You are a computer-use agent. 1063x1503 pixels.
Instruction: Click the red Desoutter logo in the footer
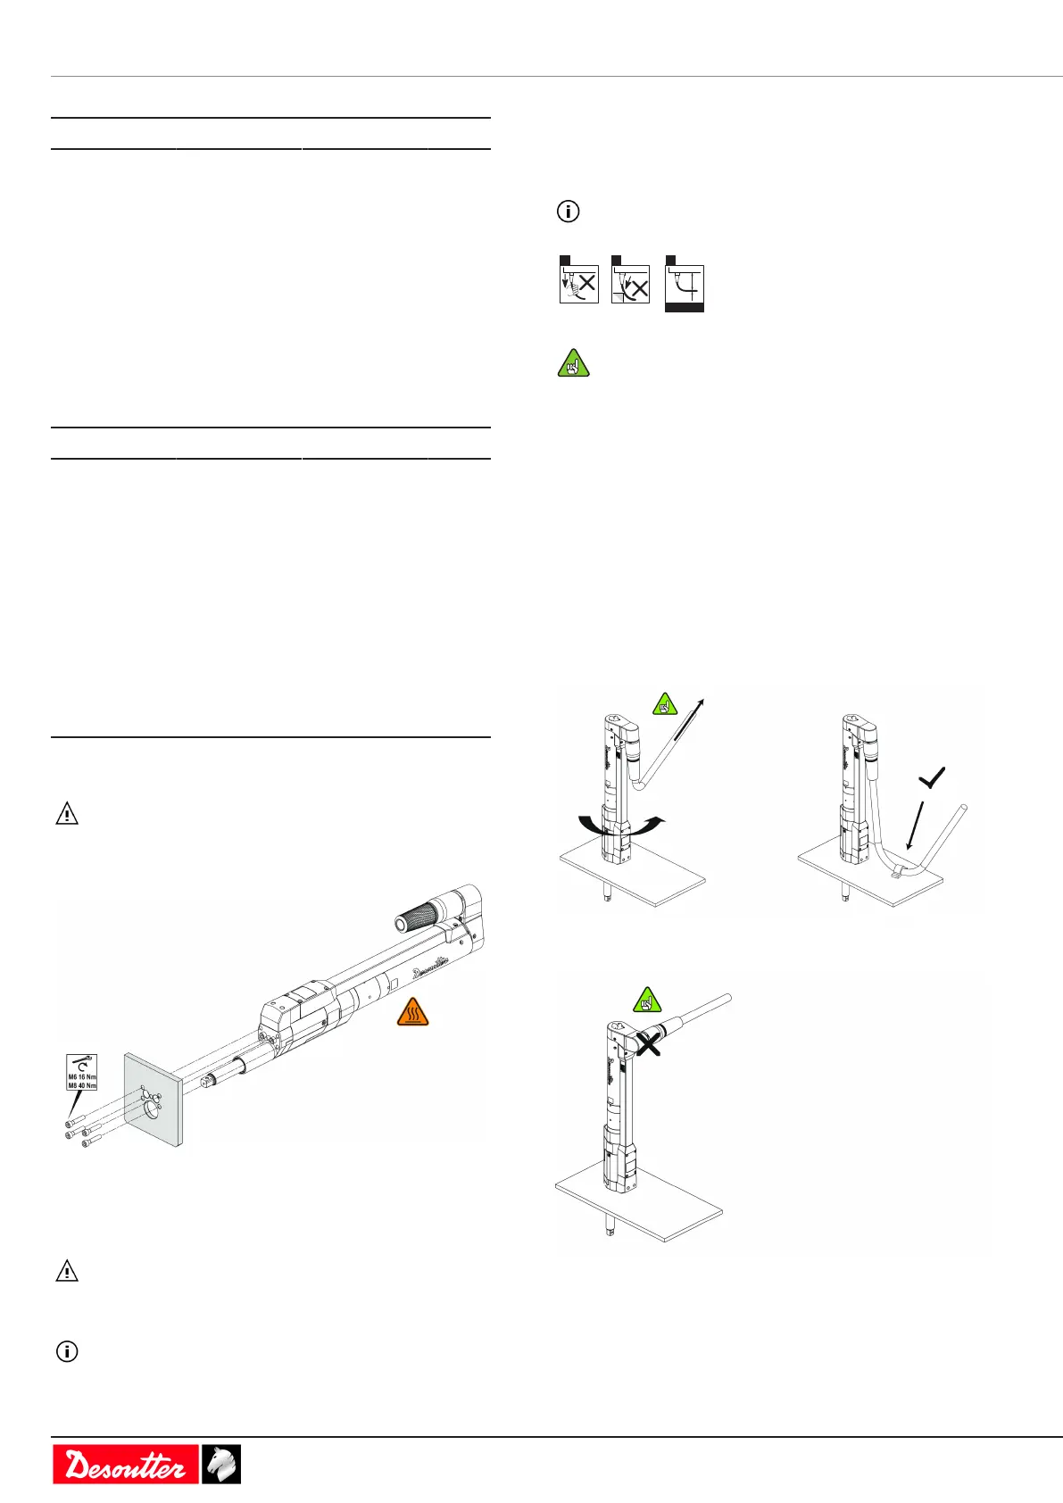[125, 1464]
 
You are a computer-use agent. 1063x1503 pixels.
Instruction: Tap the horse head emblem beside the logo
[220, 1464]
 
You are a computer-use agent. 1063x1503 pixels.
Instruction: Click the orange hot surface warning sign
[412, 1012]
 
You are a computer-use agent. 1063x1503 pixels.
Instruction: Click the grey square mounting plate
[154, 1100]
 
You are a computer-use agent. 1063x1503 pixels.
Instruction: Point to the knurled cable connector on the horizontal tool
[415, 914]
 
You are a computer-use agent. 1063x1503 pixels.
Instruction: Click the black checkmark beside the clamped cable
[931, 779]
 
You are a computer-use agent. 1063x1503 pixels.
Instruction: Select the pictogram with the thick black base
[685, 284]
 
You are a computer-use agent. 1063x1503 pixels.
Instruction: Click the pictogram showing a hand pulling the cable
[578, 279]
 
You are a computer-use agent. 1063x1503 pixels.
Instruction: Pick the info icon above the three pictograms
[569, 212]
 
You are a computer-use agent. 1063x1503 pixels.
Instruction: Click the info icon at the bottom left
[67, 1351]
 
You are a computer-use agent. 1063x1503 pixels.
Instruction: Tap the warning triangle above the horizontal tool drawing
[67, 814]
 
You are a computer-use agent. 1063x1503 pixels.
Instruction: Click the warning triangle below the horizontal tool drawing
[67, 1271]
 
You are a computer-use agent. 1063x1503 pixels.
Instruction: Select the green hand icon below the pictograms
[574, 363]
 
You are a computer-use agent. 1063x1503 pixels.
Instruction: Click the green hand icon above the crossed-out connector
[647, 1000]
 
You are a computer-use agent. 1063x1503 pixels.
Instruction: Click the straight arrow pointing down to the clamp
[914, 826]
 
